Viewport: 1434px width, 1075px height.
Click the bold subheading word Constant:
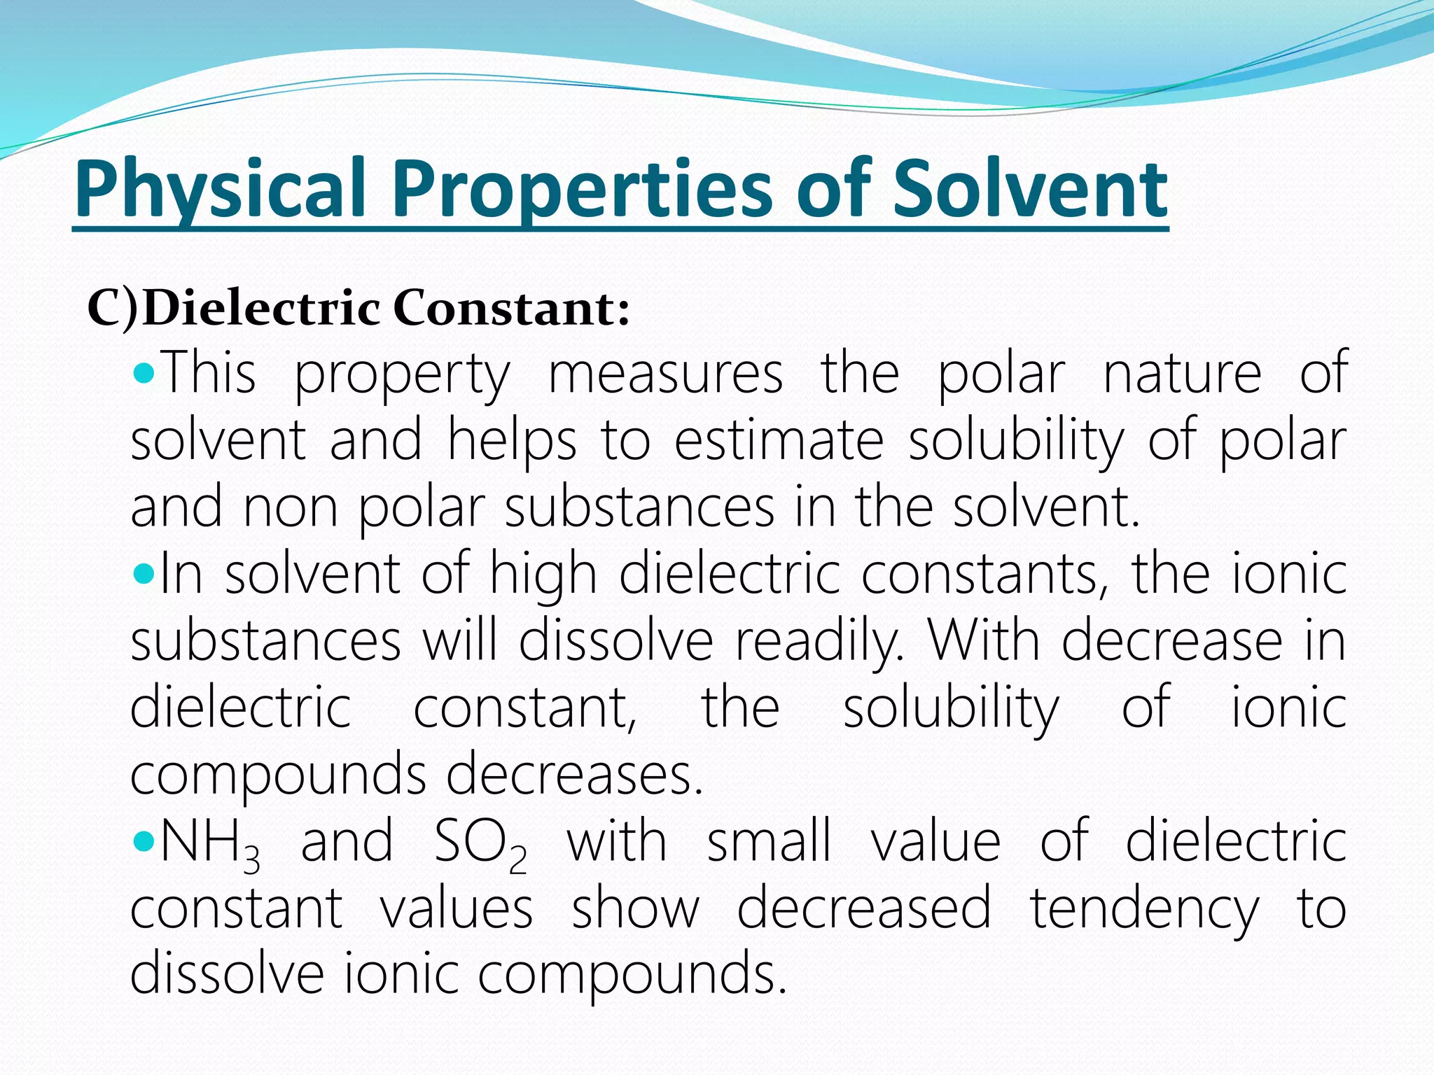pos(511,309)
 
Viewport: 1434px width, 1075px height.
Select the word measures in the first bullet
pos(665,374)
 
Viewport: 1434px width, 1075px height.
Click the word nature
pos(1183,374)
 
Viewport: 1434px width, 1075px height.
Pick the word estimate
pos(779,441)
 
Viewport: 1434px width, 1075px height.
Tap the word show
pos(635,908)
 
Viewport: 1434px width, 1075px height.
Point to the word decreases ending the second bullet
pos(574,775)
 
